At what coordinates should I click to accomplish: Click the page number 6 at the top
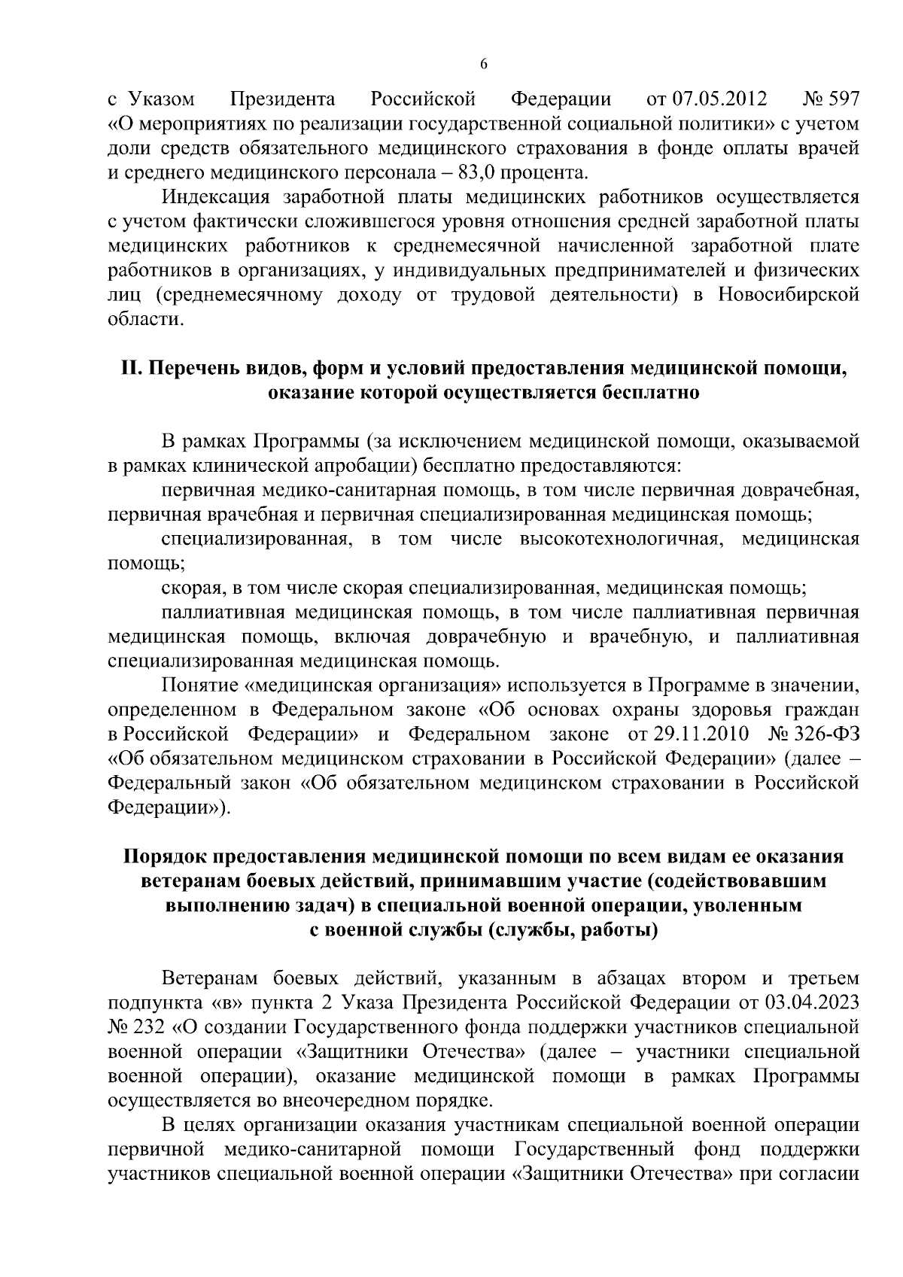(x=484, y=64)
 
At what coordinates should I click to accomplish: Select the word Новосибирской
(x=788, y=296)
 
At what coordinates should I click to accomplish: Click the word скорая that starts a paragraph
(x=185, y=588)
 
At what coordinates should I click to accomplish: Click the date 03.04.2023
(x=816, y=1003)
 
